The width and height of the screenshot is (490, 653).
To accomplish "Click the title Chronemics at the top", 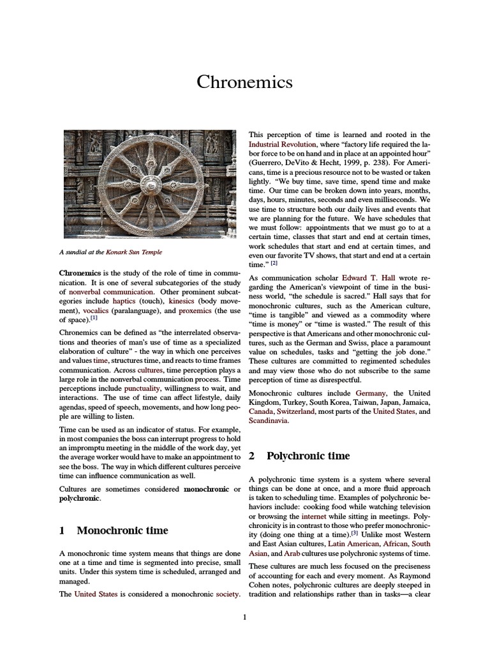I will (244, 82).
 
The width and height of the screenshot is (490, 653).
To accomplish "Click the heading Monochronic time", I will (122, 530).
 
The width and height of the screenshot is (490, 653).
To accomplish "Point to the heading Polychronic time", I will (308, 455).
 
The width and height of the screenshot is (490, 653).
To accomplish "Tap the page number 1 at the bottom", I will (244, 617).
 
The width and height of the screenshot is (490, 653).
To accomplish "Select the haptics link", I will (124, 301).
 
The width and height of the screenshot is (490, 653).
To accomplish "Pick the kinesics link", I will (182, 301).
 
